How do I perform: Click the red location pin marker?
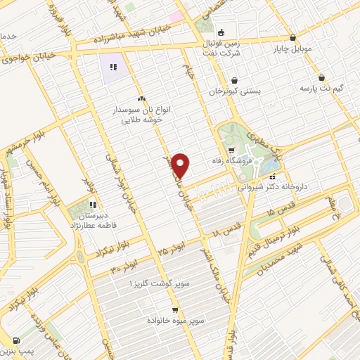(x=181, y=165)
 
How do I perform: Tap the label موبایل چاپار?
(x=293, y=51)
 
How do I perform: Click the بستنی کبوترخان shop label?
(x=235, y=92)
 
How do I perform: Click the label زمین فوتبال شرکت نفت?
(x=220, y=47)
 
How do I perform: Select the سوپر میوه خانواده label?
(x=176, y=321)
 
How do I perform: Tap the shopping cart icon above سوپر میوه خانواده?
(x=176, y=309)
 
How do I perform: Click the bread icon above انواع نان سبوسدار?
(x=142, y=98)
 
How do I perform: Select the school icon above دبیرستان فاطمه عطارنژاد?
(x=91, y=204)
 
